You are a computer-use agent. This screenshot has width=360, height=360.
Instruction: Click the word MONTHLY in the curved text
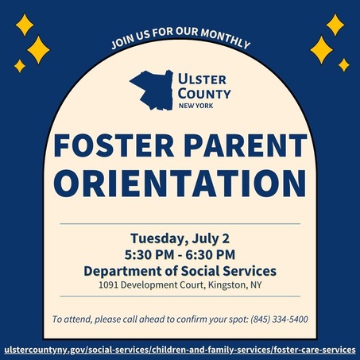pyautogui.click(x=224, y=41)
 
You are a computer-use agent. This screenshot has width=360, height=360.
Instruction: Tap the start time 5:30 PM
pyautogui.click(x=149, y=255)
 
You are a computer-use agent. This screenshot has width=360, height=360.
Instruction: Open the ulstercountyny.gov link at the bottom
pyautogui.click(x=180, y=349)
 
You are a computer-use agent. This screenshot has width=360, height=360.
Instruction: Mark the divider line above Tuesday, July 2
pyautogui.click(x=180, y=224)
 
